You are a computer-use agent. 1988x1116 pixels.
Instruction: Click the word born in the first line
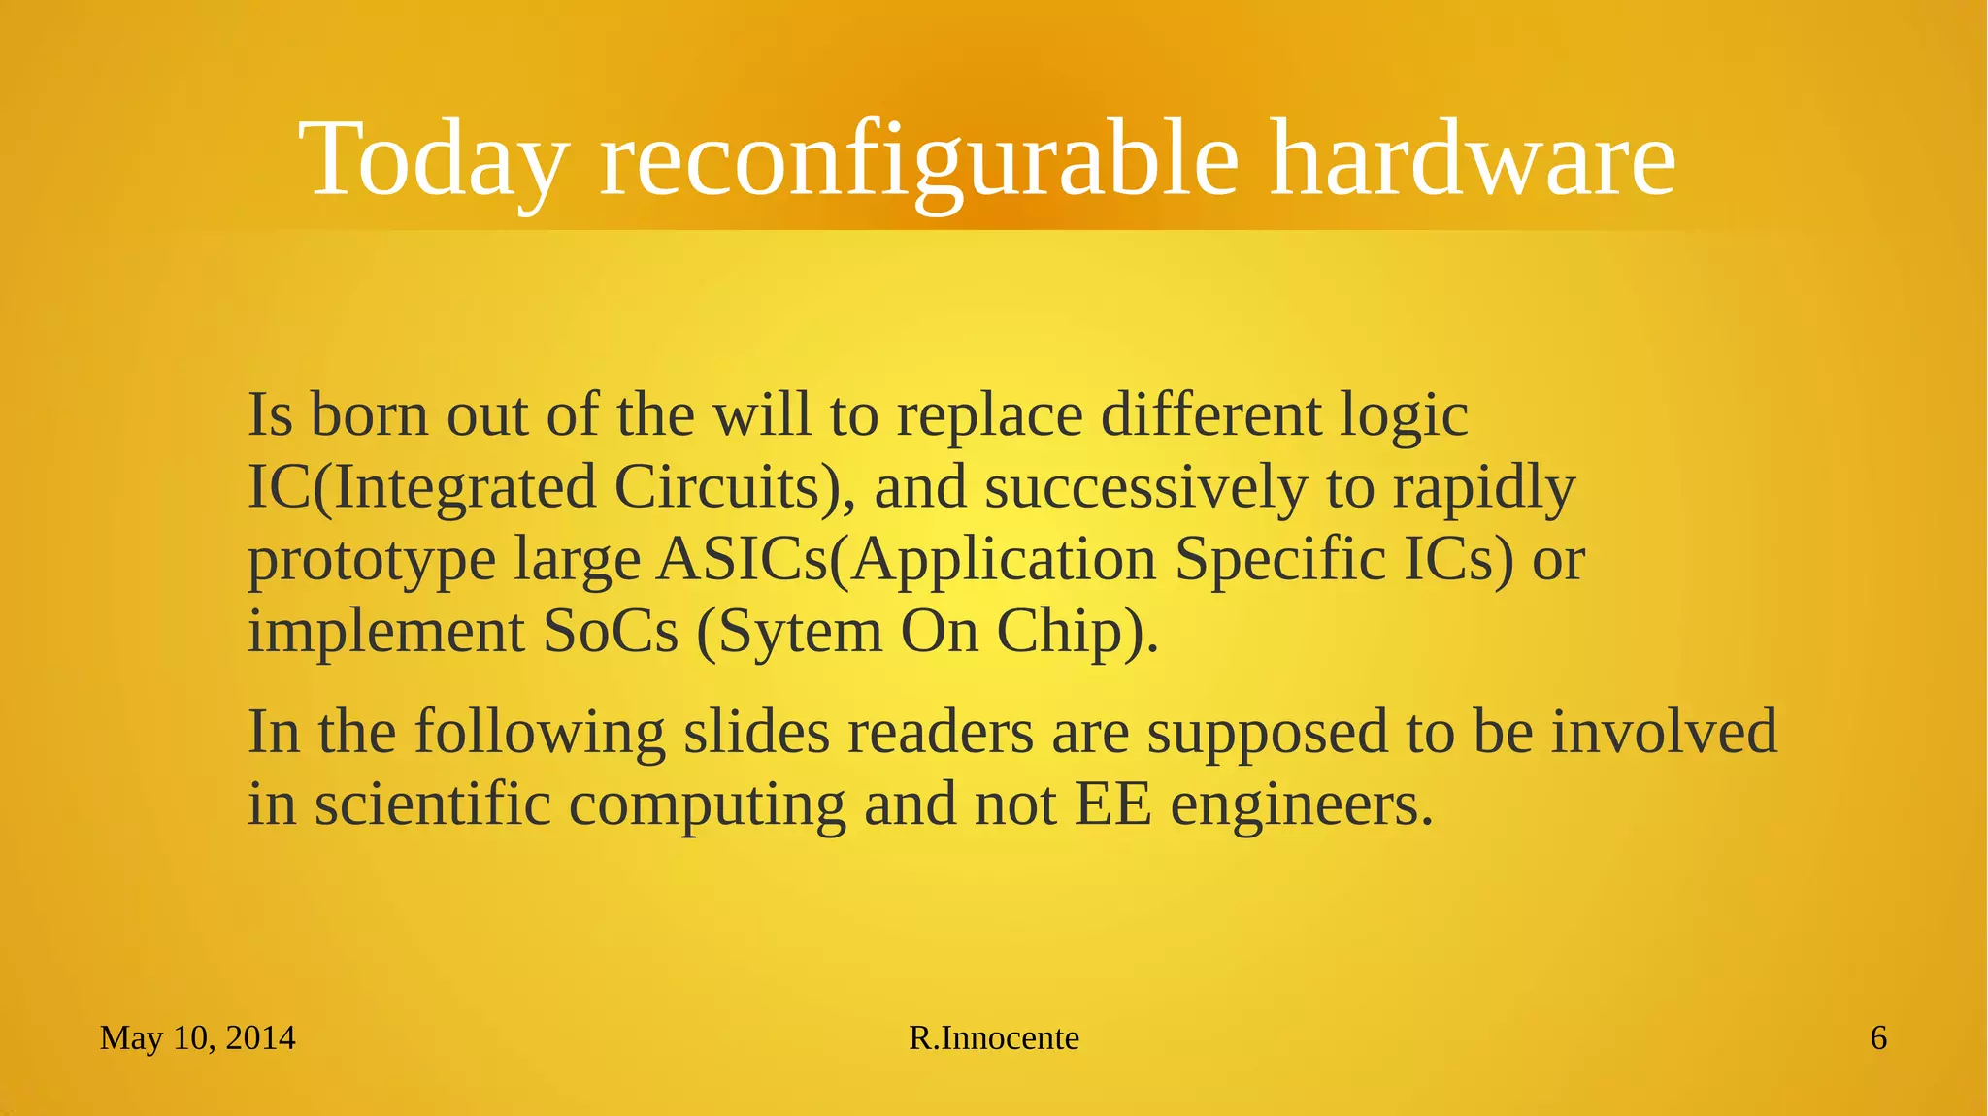(x=369, y=414)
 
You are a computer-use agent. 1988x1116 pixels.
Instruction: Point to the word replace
(x=989, y=416)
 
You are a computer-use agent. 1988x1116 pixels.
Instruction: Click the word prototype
(x=371, y=561)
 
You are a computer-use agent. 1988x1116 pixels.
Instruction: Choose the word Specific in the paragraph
(x=1280, y=560)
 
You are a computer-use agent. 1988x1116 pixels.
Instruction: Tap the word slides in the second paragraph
(x=756, y=732)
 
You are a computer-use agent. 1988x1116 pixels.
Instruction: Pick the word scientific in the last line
(x=433, y=804)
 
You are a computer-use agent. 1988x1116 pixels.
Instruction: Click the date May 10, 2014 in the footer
(x=197, y=1038)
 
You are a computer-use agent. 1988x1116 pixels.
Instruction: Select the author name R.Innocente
(x=993, y=1038)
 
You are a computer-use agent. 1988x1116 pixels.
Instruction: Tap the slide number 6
(x=1878, y=1038)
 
